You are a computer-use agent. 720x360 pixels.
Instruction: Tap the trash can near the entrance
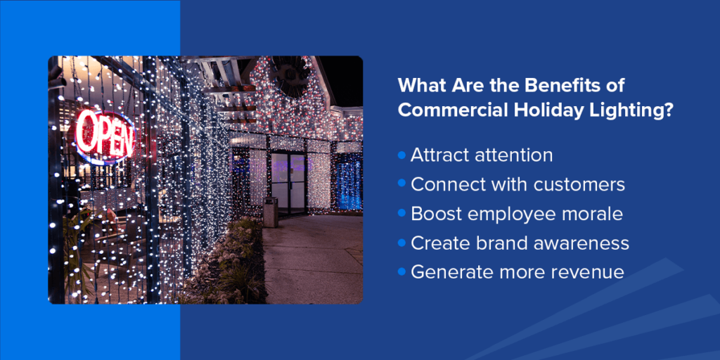pos(270,212)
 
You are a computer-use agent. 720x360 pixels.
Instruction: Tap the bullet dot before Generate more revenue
pos(402,271)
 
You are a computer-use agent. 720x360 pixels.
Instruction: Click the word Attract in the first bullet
pos(440,155)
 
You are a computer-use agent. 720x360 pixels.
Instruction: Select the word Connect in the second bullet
pos(444,184)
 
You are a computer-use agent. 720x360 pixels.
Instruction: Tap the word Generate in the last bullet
pos(451,272)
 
